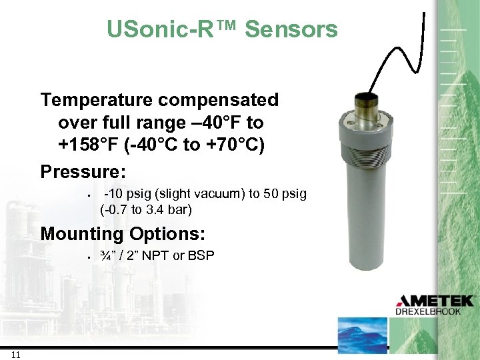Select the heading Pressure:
pos(83,171)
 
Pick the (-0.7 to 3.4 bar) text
pos(146,210)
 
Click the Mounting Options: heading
pos(123,234)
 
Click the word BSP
pos(203,255)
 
